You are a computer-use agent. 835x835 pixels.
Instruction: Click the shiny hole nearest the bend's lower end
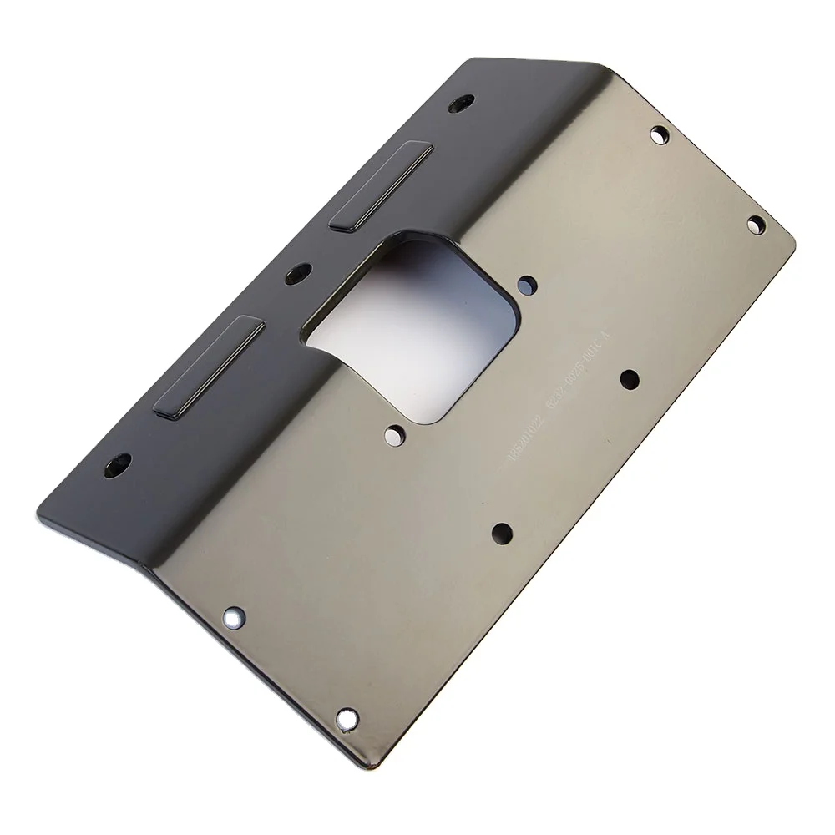click(x=234, y=618)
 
